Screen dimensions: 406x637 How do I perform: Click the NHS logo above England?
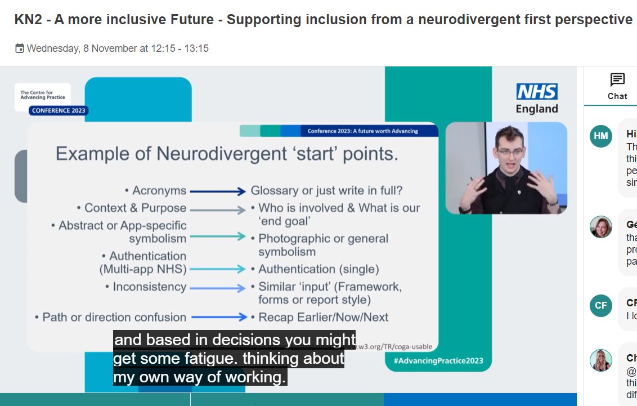[537, 92]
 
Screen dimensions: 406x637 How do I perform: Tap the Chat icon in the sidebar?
[617, 80]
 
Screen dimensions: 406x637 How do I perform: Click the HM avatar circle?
[600, 136]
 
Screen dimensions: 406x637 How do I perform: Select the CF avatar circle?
[600, 305]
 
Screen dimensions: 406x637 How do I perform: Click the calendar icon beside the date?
[20, 48]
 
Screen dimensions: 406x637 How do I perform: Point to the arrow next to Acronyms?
[218, 191]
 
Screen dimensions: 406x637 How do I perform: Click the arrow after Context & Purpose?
[218, 210]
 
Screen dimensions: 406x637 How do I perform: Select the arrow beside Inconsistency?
[218, 288]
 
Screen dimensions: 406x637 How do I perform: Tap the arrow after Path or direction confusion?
[218, 317]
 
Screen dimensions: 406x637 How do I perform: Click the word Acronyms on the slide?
[159, 191]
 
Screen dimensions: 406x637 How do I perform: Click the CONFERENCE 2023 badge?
[59, 110]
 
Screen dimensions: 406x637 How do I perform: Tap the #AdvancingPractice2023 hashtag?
[438, 360]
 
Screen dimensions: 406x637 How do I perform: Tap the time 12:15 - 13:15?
[180, 48]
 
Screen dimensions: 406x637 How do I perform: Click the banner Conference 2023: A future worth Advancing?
[362, 131]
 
